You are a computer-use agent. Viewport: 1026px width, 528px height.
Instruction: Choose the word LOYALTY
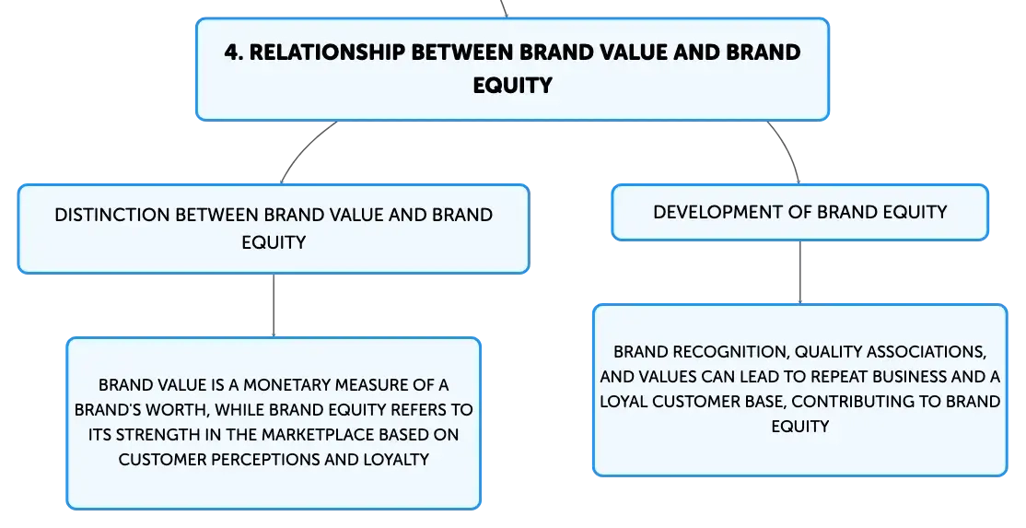[396, 459]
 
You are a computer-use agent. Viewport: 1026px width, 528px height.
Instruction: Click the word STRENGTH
[153, 434]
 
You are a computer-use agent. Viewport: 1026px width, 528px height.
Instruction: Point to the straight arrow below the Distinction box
[274, 306]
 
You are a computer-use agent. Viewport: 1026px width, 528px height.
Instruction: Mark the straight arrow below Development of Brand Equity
[800, 272]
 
